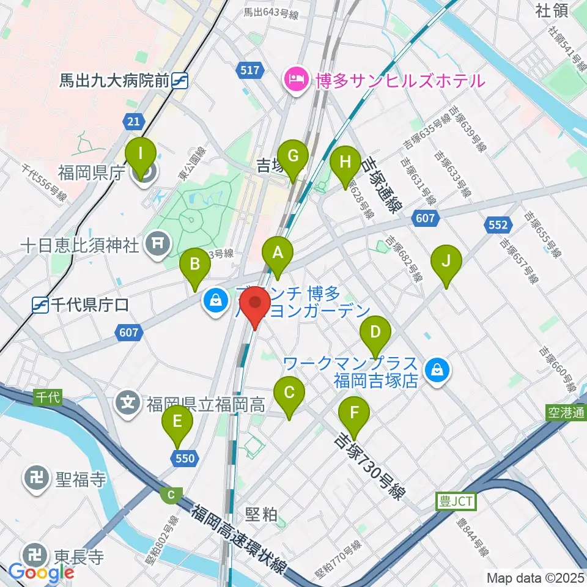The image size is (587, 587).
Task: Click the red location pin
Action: [x=255, y=308]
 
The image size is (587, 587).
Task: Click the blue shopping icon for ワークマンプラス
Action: [x=438, y=369]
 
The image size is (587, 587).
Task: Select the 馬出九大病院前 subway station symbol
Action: [x=180, y=80]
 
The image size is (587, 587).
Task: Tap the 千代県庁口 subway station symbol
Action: [x=40, y=305]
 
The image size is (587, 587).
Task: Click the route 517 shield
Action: [x=250, y=70]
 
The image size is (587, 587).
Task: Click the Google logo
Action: [x=42, y=572]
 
